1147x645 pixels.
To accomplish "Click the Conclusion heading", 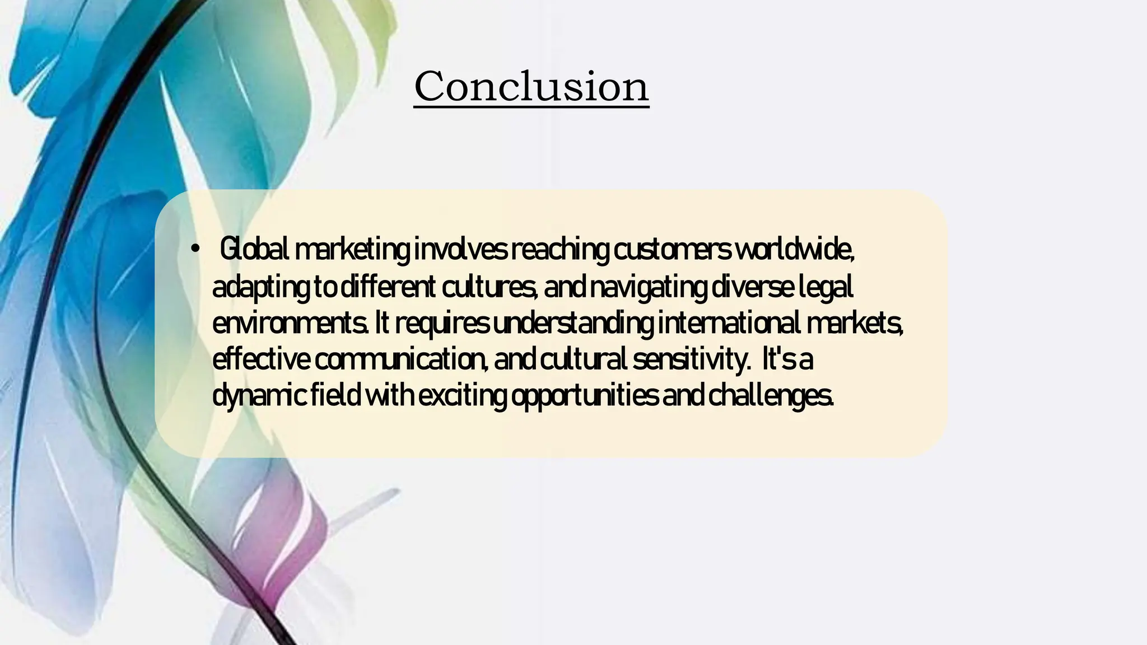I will click(x=531, y=86).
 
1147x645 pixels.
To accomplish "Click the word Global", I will click(x=254, y=249).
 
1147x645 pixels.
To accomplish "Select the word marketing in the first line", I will click(x=352, y=249).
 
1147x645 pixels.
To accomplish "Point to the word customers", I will click(x=672, y=249).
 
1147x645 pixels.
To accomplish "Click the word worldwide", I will click(x=794, y=249).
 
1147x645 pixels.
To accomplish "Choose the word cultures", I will click(x=489, y=287).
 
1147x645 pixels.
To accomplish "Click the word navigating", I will click(x=649, y=287).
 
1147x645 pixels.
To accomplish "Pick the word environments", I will click(x=290, y=324).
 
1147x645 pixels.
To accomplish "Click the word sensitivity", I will click(x=691, y=359).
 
